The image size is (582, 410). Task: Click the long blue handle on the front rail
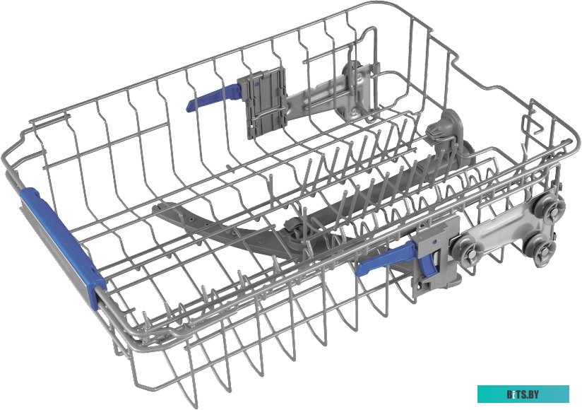[x=61, y=245]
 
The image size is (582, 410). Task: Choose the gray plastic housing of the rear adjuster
[x=264, y=103]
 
